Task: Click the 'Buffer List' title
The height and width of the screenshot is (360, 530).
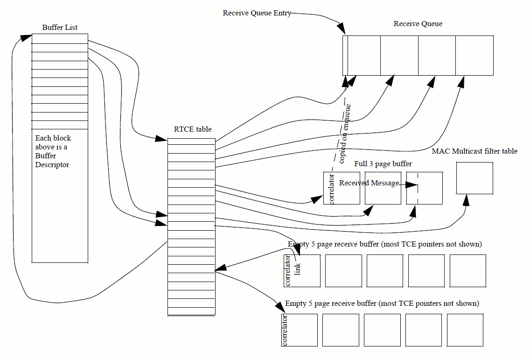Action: [x=60, y=27]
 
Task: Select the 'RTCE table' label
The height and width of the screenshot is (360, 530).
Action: [x=193, y=129]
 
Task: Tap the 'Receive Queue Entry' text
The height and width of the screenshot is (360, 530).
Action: [x=257, y=13]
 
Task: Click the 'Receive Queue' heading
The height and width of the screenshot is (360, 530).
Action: [x=418, y=24]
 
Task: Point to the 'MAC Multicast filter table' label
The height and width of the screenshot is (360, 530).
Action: [x=474, y=151]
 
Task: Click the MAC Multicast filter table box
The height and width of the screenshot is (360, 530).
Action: [x=474, y=178]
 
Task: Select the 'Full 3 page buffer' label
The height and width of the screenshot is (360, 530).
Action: [x=383, y=164]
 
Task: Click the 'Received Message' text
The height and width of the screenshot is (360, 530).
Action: [x=369, y=183]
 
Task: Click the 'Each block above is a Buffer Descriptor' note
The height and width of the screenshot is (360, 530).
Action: [x=53, y=151]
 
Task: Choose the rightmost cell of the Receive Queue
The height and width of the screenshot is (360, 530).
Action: [x=474, y=55]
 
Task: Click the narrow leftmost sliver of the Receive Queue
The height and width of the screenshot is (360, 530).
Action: [x=345, y=55]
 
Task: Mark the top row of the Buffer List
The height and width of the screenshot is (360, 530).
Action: [x=60, y=39]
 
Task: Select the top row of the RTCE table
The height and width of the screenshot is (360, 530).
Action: [x=191, y=141]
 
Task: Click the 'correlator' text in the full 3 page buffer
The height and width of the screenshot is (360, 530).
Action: [x=332, y=188]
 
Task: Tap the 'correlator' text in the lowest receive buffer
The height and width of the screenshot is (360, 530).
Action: [x=285, y=330]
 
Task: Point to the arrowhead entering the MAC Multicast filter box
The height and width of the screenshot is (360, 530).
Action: [x=466, y=200]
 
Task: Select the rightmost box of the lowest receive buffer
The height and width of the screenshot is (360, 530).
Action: [x=465, y=330]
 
